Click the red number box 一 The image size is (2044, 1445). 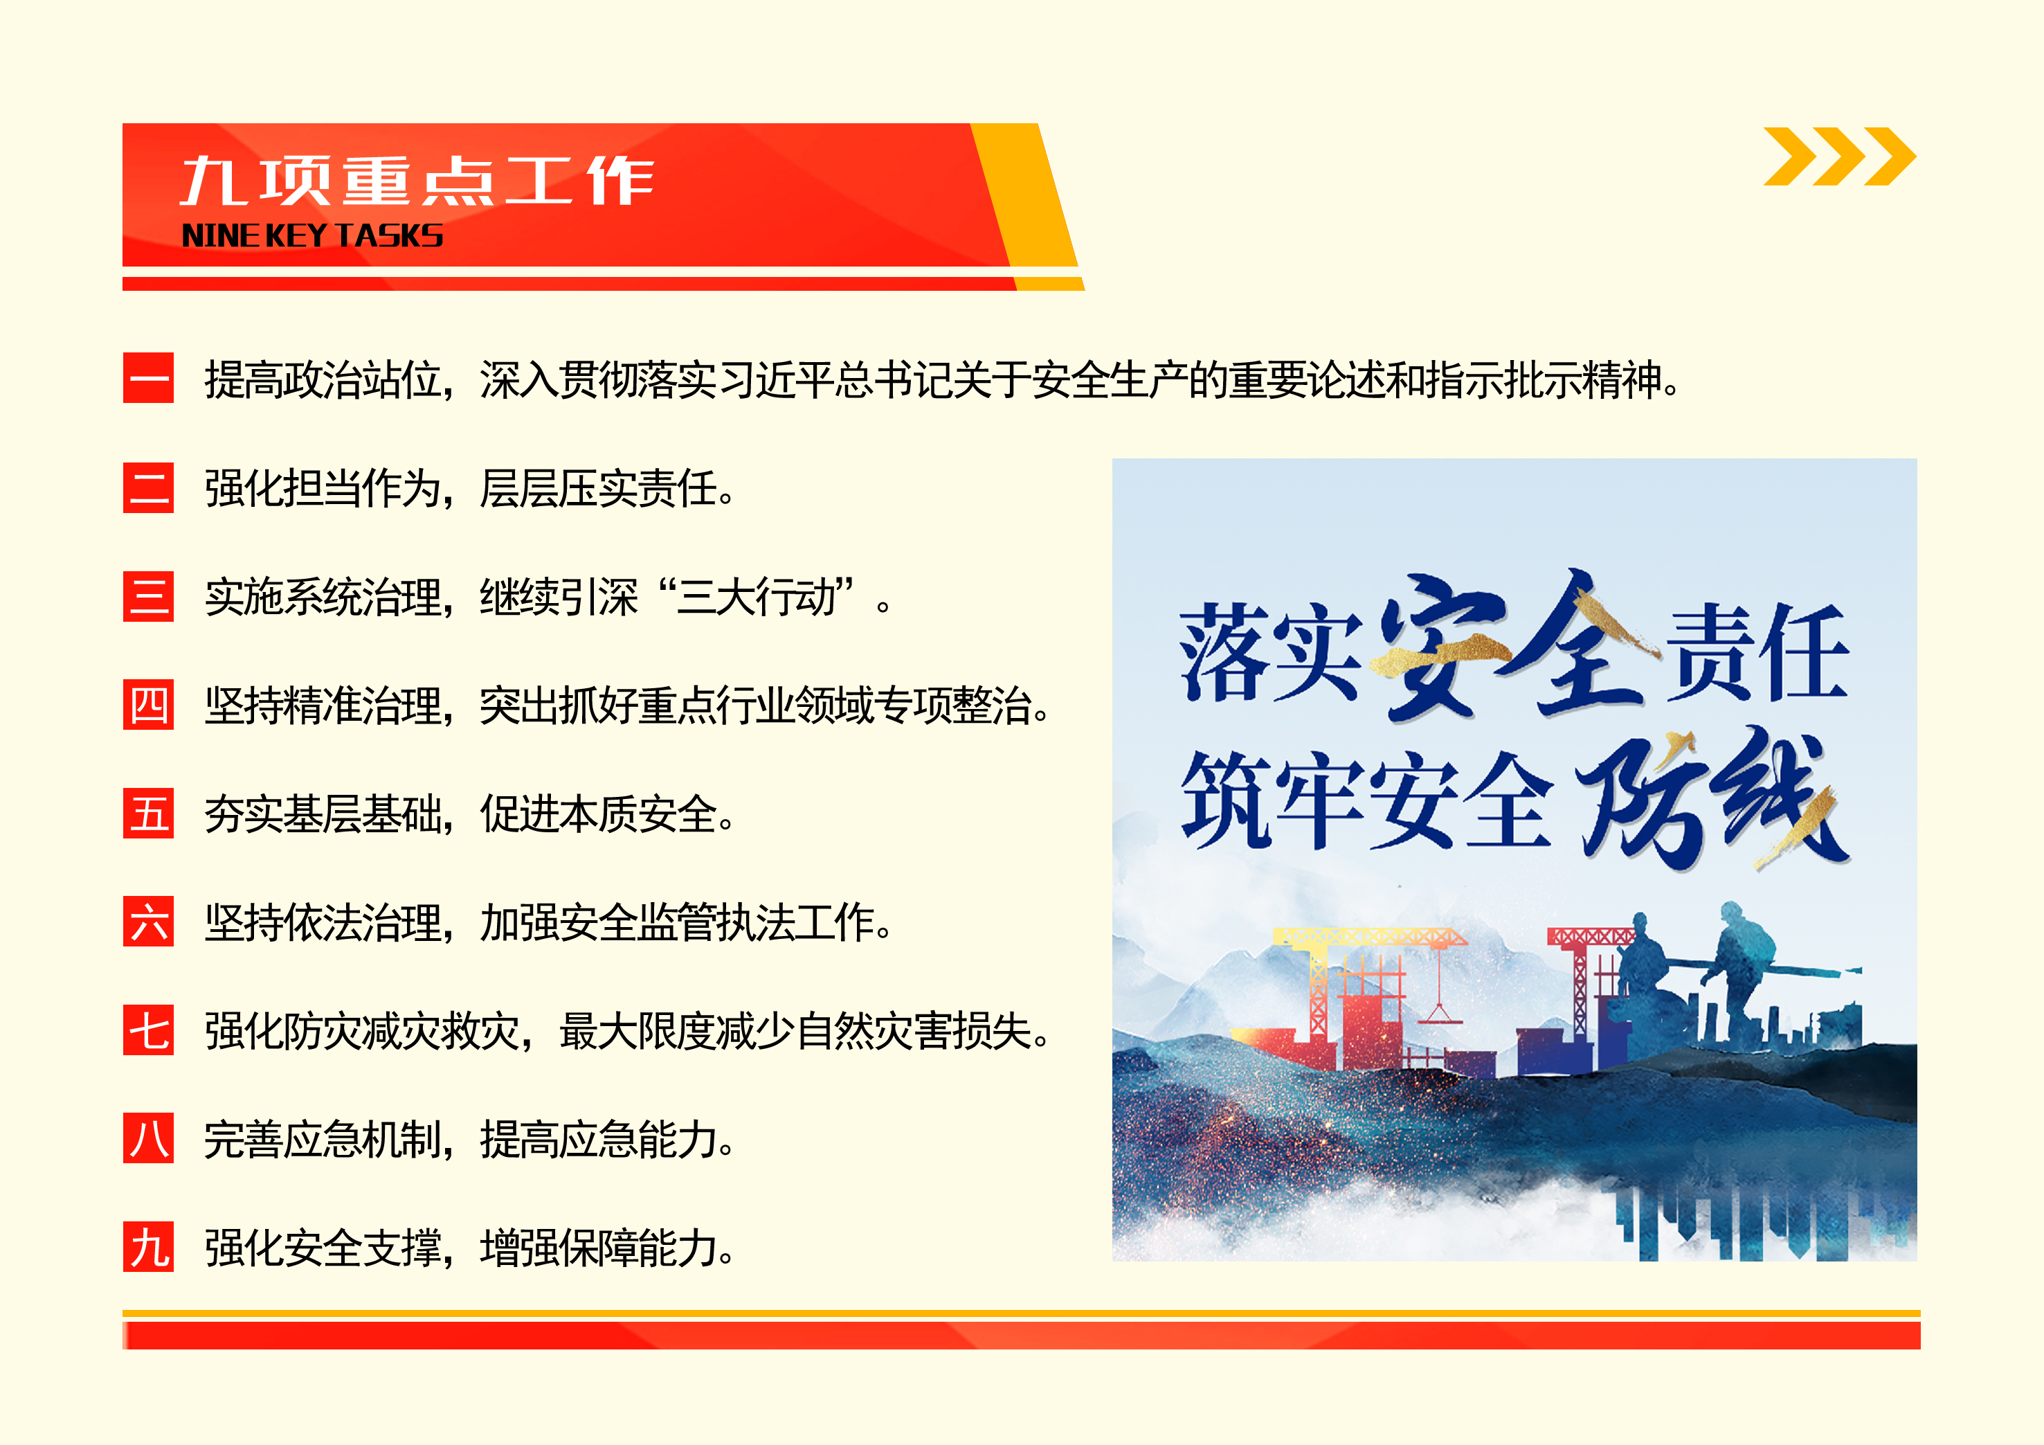[148, 379]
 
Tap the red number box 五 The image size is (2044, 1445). [148, 813]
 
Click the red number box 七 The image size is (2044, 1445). [148, 1030]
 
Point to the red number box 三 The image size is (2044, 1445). [148, 595]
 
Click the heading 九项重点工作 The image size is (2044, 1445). [417, 181]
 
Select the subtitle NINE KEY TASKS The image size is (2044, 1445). [312, 236]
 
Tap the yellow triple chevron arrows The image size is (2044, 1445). [1839, 156]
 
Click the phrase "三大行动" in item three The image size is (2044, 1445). [756, 598]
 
